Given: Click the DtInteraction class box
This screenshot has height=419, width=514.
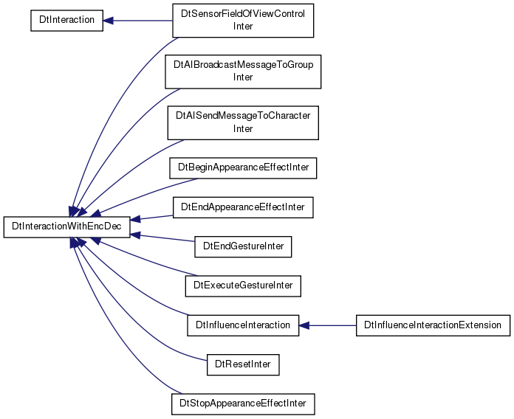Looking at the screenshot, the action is coord(67,21).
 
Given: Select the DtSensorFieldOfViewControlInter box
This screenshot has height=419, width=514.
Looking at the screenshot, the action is coord(243,21).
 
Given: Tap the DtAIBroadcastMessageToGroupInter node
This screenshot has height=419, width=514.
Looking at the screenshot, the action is coord(243,72).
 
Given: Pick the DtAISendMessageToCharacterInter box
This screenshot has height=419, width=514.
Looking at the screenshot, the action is coord(243,122).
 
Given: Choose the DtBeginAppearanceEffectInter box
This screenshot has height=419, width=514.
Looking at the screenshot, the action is coord(243,168).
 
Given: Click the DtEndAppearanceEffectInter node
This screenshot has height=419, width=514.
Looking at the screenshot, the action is coord(243,207).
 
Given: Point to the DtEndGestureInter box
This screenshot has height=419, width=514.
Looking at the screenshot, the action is coord(243,246).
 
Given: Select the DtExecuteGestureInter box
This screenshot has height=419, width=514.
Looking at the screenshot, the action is coord(243,286).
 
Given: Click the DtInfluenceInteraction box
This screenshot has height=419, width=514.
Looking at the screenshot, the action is coord(243,325).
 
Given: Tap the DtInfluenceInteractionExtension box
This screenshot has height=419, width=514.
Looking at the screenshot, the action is coord(433,325).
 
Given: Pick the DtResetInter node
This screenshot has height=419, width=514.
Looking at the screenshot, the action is coord(243,364).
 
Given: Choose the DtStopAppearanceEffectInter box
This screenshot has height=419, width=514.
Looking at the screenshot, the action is coord(243,404).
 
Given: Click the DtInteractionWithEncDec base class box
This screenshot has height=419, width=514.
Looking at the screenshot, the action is coord(67,227).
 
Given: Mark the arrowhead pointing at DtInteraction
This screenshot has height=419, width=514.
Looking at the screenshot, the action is coord(108,21).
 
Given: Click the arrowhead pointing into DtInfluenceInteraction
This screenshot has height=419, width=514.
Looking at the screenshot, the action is coord(304,325).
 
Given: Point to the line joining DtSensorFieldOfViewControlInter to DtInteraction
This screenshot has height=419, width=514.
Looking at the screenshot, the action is coord(138,21).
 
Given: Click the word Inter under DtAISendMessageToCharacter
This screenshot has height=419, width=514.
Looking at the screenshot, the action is coord(243,128).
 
